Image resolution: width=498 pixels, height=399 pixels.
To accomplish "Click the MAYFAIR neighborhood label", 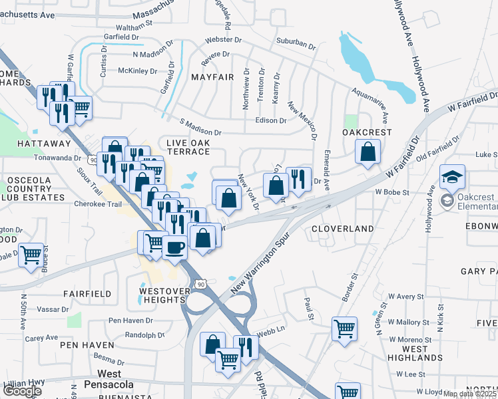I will coord(212,77).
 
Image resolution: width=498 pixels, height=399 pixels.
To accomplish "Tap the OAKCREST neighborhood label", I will coord(367,132).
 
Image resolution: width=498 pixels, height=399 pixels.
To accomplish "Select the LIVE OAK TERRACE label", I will coord(188,147).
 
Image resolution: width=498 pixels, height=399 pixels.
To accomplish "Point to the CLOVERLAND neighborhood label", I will coord(343,229).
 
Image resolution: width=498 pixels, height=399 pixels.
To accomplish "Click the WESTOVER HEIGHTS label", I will coord(162,295).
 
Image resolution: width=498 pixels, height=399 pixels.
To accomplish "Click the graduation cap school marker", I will coord(452,178).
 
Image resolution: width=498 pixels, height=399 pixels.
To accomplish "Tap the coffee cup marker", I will coord(174,248).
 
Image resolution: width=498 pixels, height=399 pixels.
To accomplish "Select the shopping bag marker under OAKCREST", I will coord(368,152).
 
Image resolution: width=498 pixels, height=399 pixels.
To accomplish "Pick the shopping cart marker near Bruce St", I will coord(31,255).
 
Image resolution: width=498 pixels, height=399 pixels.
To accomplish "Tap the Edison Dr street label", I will coord(270,121).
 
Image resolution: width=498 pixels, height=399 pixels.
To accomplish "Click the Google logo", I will coord(22,391).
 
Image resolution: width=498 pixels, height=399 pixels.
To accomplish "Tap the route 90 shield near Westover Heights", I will coord(200,284).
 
